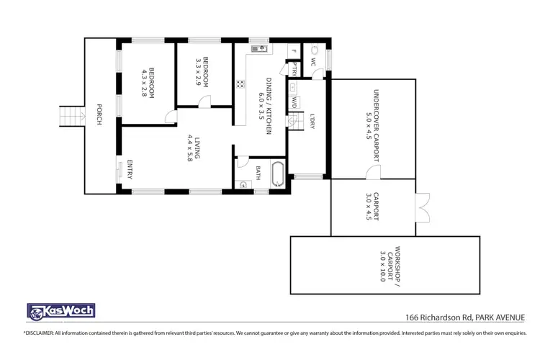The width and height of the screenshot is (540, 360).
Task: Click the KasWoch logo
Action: (x=60, y=312)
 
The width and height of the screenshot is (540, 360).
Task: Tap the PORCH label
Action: (x=98, y=116)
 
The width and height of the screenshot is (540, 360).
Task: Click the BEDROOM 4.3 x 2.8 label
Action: (x=149, y=83)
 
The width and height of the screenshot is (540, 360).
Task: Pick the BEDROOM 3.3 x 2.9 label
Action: (x=203, y=72)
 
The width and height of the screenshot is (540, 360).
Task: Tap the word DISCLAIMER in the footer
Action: (x=44, y=333)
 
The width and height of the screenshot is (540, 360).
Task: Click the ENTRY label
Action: (x=130, y=168)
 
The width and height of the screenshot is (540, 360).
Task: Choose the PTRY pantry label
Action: (x=294, y=68)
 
